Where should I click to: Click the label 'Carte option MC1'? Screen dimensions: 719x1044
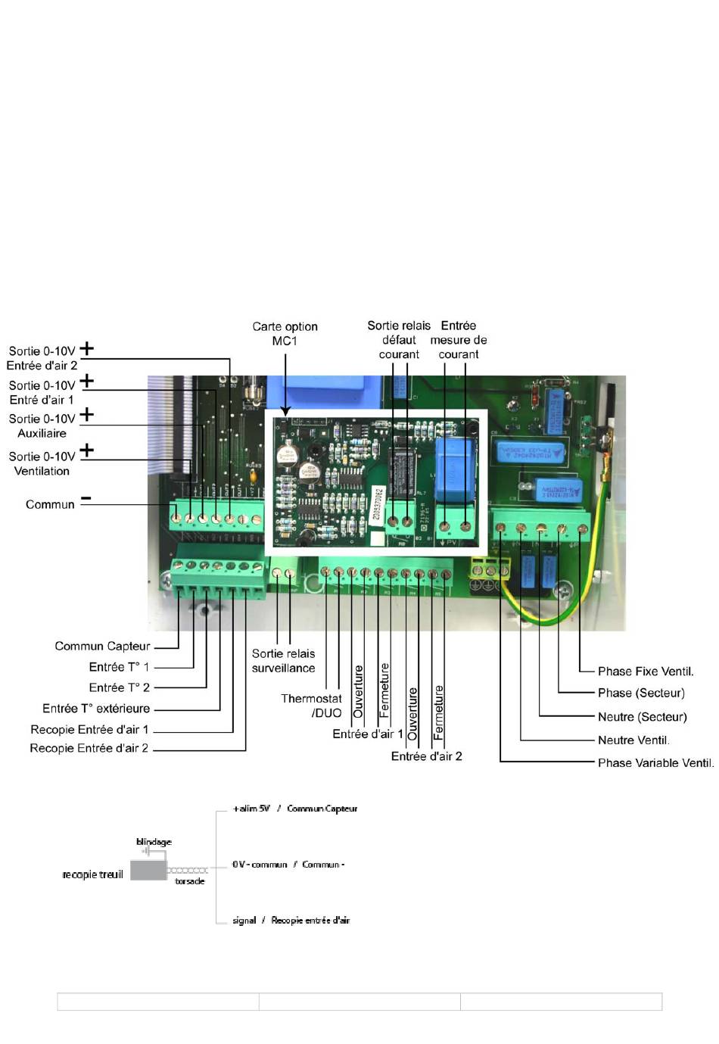[x=285, y=333]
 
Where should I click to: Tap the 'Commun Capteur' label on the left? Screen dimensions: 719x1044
[x=102, y=646]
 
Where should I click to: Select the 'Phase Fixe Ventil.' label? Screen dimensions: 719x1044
[x=646, y=671]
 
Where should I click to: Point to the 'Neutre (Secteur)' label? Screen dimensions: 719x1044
[x=642, y=716]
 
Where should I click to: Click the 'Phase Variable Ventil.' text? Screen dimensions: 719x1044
[x=655, y=762]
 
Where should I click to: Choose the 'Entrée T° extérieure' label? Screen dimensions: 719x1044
[x=96, y=709]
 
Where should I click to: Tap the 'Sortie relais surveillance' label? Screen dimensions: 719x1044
[x=283, y=660]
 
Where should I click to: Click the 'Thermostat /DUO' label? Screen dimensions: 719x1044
[x=311, y=706]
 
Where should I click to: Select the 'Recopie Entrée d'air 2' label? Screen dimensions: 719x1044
[x=89, y=748]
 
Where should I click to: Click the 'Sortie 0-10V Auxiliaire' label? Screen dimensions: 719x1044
[x=42, y=425]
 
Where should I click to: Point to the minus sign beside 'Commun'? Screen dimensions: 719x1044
[x=86, y=499]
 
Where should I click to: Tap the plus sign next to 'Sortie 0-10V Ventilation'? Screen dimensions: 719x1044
[x=87, y=450]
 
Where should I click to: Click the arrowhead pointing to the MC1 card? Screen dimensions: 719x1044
[x=285, y=412]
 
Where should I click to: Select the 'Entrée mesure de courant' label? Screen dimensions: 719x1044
[x=459, y=340]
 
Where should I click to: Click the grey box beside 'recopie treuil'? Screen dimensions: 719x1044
[x=148, y=870]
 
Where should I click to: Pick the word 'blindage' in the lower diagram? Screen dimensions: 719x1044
[x=154, y=842]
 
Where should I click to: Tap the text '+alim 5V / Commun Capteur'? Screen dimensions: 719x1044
[x=295, y=809]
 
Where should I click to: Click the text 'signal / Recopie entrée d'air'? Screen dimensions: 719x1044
[x=291, y=920]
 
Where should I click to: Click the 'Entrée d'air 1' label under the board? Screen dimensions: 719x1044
[x=368, y=734]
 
